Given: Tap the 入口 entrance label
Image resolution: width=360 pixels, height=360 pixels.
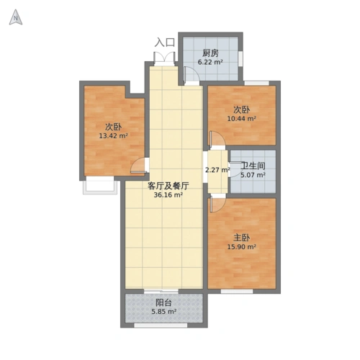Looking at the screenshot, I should pos(165,42).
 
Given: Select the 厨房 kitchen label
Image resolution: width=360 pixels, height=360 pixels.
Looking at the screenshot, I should pos(210,53).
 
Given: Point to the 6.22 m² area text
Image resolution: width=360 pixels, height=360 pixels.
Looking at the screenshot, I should pos(210,63).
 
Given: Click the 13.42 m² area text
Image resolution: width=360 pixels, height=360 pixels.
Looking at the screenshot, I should pos(113,135).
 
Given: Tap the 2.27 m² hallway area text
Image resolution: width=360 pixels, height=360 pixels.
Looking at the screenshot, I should pos(217,171).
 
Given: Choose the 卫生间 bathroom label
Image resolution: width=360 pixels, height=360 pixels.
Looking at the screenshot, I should pos(253,165).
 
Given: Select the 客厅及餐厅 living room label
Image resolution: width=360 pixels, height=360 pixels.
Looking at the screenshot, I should pos(163,185).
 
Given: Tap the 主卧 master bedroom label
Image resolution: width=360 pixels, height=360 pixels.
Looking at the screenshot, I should pos(241,237).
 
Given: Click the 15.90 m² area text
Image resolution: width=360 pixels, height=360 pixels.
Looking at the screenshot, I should pos(242,247).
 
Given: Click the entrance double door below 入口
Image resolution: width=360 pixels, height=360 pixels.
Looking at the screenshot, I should pos(165,59).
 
